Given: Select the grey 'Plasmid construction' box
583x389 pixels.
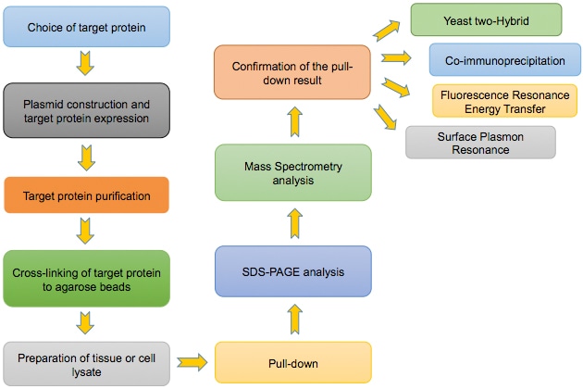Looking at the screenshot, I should pos(86,110).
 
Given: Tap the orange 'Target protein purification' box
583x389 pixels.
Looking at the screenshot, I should pos(86,195).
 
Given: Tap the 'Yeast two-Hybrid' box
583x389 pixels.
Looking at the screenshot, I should pos(486,19).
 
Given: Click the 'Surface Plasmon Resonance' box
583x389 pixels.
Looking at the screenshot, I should pos(480,141).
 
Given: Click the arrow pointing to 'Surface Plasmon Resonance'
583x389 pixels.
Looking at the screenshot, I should pos(387,119).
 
